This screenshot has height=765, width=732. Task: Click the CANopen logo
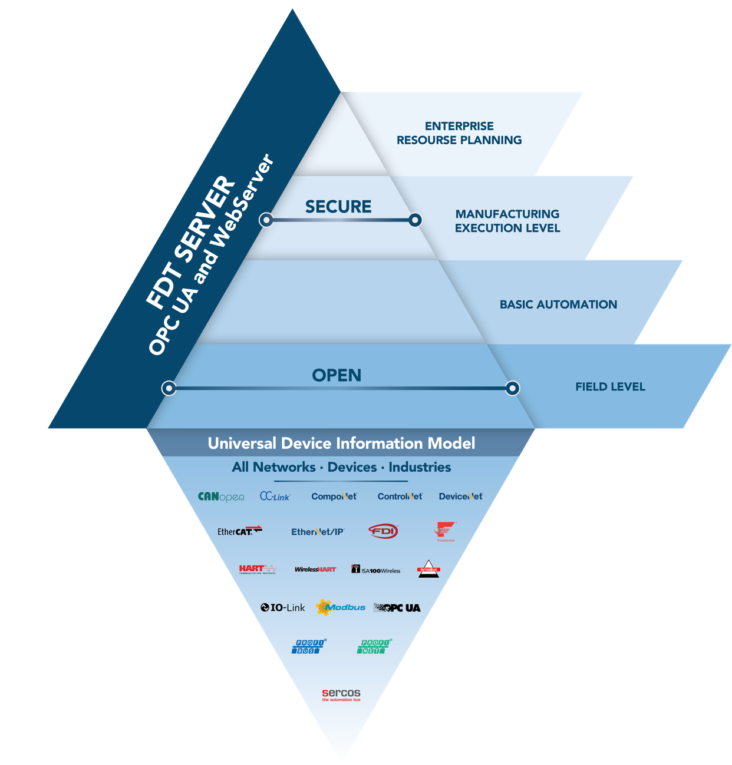(221, 496)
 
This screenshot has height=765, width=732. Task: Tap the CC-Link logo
(275, 496)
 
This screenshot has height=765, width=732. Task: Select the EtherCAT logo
(239, 531)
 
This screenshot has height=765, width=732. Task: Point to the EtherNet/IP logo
(318, 531)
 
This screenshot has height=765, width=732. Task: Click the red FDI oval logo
(383, 531)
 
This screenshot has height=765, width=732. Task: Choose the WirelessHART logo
(315, 569)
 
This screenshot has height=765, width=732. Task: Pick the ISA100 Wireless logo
(376, 569)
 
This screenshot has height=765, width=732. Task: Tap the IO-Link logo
(283, 607)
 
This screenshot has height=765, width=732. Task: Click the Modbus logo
(341, 607)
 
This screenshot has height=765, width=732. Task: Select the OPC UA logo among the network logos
(397, 608)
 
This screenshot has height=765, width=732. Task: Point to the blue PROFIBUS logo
(308, 646)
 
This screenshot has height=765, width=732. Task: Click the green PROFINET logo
(374, 646)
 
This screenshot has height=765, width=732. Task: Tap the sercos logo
(341, 694)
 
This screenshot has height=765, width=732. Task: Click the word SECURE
(338, 207)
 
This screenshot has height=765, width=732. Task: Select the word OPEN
(337, 375)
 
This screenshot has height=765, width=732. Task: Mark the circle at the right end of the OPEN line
(513, 388)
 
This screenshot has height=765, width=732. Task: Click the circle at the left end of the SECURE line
(266, 220)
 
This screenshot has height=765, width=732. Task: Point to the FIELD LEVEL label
(610, 387)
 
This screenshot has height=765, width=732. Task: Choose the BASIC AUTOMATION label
(558, 304)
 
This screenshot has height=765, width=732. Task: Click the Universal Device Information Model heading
(341, 443)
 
